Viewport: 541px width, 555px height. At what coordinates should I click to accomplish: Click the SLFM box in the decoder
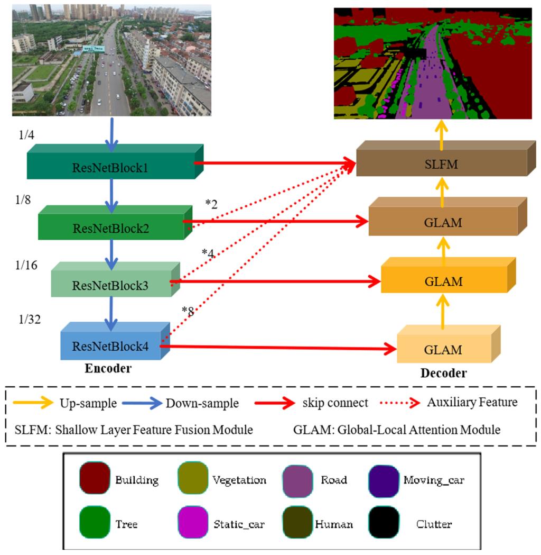442,165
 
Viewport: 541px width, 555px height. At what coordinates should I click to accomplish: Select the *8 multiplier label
188,311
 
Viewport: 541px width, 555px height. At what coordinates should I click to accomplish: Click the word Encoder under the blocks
108,369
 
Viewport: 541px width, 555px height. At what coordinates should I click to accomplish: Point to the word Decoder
443,374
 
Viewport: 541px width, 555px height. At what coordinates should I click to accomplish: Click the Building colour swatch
94,480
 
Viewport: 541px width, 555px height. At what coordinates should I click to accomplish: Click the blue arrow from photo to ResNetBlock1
111,132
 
